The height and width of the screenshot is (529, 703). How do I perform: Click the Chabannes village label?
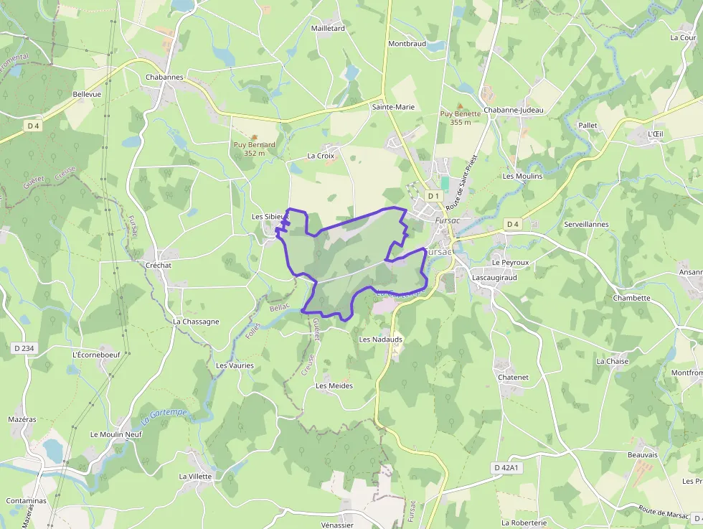pos(164,78)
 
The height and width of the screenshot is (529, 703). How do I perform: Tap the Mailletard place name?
pos(328,29)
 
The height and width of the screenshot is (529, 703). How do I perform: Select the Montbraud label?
pos(407,44)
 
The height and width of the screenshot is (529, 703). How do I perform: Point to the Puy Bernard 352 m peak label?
pos(255,149)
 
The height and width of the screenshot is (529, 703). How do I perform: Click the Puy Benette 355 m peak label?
pos(460,118)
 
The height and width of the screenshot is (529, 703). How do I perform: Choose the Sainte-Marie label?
pos(393,107)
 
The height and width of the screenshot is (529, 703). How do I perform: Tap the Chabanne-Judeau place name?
pos(514,111)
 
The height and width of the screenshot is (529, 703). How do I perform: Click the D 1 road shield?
pos(433,196)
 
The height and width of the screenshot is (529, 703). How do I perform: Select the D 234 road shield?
pos(24,349)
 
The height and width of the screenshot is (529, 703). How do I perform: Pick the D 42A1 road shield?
pos(506,468)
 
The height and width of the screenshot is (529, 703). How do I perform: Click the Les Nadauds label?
pos(380,340)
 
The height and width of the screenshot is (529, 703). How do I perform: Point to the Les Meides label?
pos(334,386)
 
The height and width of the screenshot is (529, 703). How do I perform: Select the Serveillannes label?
pos(586,225)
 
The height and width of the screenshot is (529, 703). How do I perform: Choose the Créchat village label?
pos(159,266)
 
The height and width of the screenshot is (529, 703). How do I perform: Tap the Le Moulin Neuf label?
pos(116,435)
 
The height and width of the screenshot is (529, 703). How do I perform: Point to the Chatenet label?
pos(513,378)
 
